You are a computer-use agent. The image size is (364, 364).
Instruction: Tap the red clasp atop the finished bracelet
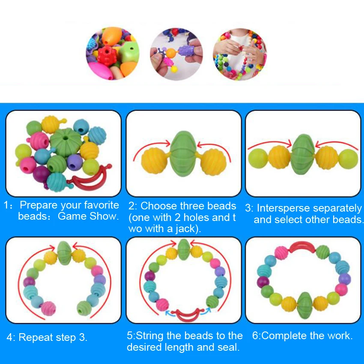[x=303, y=247]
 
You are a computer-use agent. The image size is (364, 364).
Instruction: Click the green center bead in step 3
[x=303, y=153]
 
